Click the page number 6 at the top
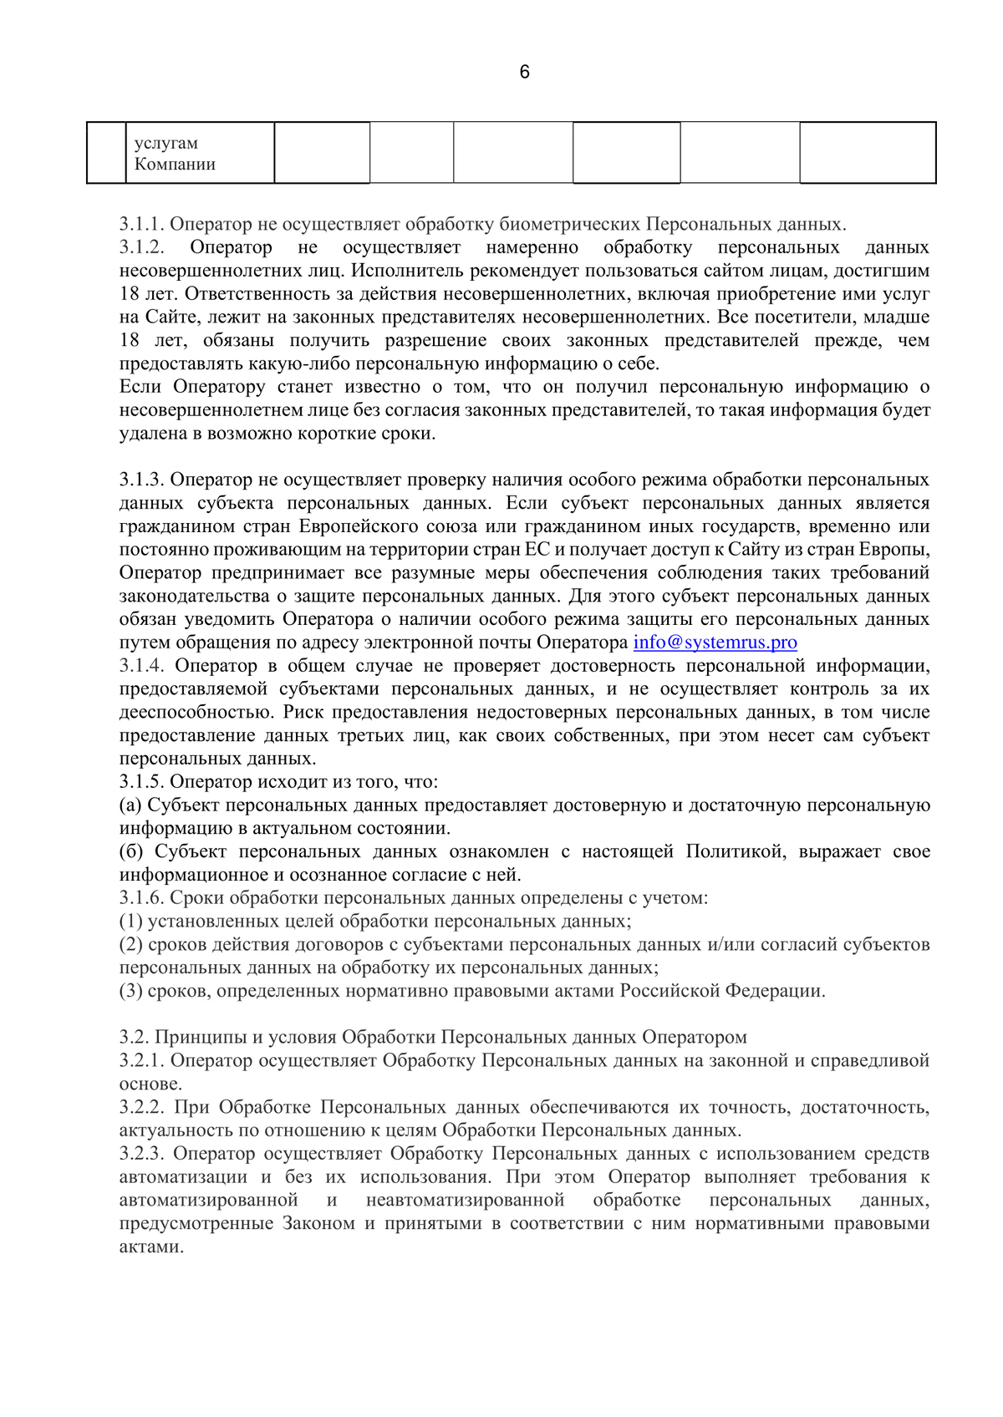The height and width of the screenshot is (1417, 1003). pyautogui.click(x=524, y=73)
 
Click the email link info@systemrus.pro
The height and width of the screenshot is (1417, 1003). pyautogui.click(x=715, y=642)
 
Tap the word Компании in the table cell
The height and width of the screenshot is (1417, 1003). pyautogui.click(x=175, y=165)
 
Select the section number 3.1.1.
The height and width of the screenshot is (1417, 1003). pyautogui.click(x=144, y=225)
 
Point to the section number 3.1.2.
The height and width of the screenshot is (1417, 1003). pyautogui.click(x=144, y=248)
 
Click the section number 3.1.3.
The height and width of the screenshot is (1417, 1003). pyautogui.click(x=144, y=480)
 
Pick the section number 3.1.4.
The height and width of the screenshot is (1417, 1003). pyautogui.click(x=144, y=666)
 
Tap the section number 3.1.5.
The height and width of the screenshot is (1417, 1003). pyautogui.click(x=144, y=782)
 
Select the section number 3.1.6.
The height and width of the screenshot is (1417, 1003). pyautogui.click(x=144, y=898)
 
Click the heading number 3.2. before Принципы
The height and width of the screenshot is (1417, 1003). pyautogui.click(x=134, y=1038)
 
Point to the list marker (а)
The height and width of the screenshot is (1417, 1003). pyautogui.click(x=131, y=805)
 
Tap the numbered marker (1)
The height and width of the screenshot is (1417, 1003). pyautogui.click(x=131, y=922)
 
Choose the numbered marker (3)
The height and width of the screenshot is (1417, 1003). pyautogui.click(x=131, y=992)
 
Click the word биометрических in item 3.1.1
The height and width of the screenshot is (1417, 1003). pyautogui.click(x=570, y=225)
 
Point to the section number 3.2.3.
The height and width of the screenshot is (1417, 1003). pyautogui.click(x=144, y=1154)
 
